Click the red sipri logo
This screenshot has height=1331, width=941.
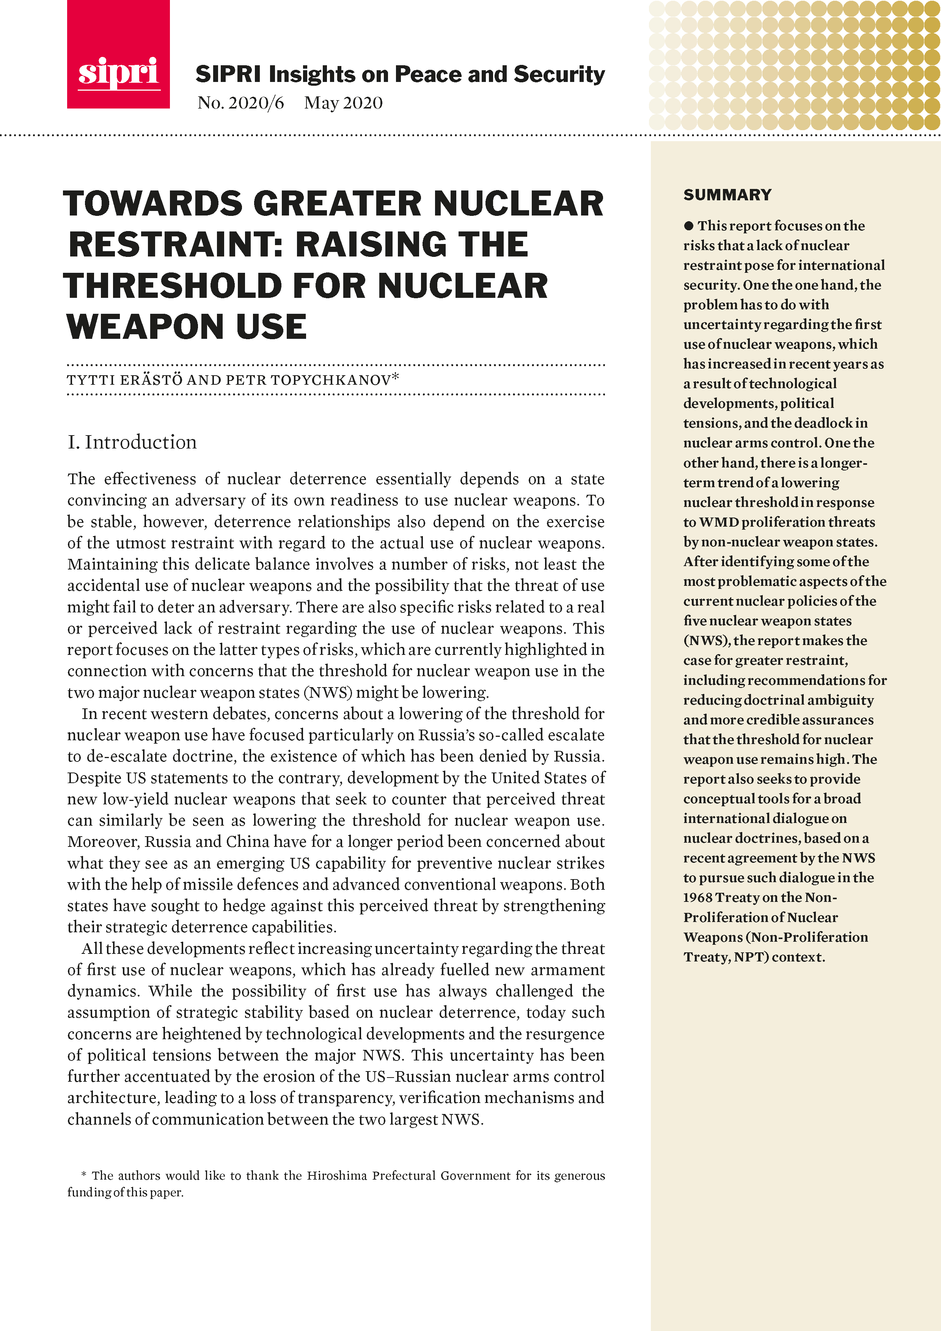pos(118,55)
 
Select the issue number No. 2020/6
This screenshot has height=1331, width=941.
pos(240,103)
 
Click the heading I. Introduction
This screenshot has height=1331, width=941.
pos(132,442)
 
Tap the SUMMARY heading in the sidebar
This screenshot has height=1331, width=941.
pos(727,195)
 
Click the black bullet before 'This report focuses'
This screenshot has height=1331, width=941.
pos(688,225)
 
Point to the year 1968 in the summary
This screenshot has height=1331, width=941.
pos(697,897)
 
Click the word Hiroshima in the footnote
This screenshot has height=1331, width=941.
pos(336,1176)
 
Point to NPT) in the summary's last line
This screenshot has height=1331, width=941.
pos(751,957)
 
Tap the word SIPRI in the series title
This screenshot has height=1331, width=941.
pos(228,75)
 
